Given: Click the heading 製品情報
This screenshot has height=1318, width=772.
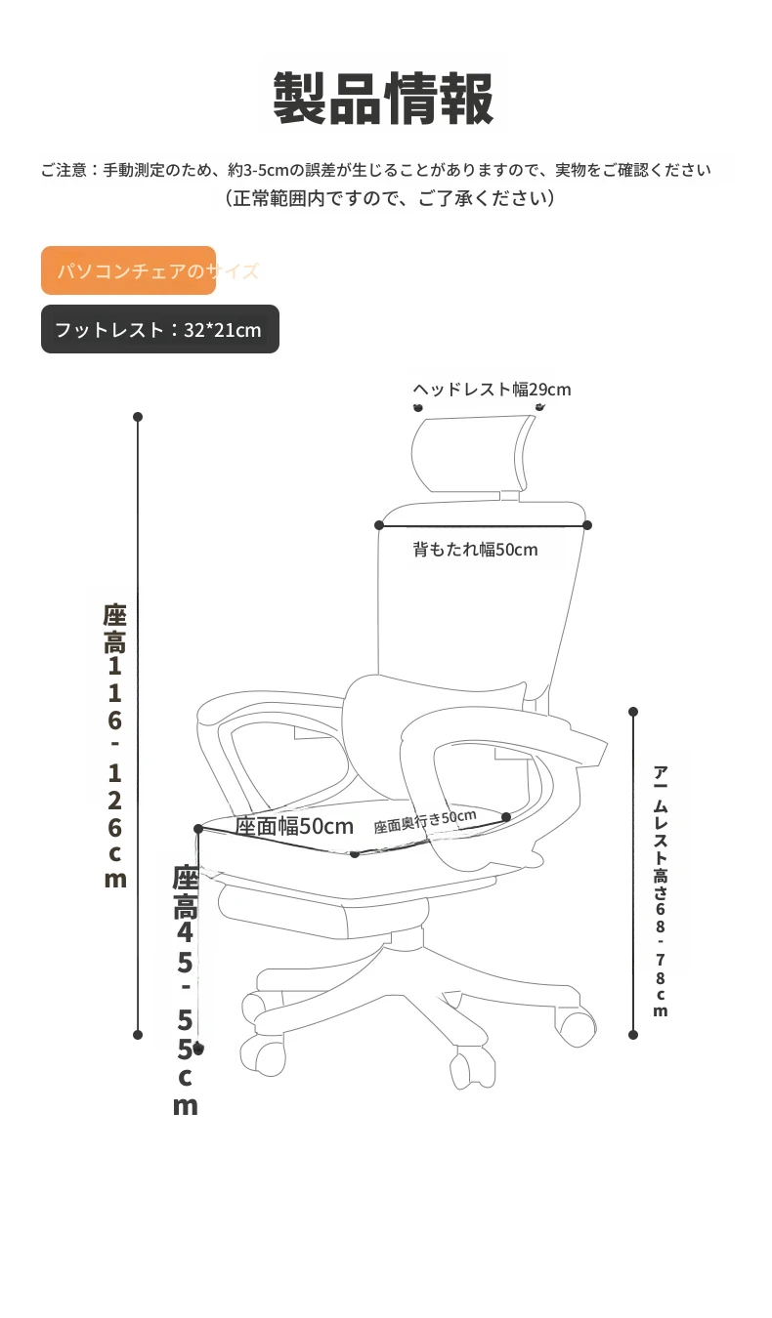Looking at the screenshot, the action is click(383, 99).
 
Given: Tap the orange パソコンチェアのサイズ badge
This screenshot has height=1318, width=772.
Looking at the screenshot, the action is click(128, 270).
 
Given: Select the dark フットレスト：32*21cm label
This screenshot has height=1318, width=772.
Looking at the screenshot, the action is click(160, 329).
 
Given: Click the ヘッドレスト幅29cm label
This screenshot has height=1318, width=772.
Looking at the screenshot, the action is click(492, 390).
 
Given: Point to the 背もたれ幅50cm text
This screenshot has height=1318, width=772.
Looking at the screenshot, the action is click(475, 550).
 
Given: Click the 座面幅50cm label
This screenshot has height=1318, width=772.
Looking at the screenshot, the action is click(294, 826).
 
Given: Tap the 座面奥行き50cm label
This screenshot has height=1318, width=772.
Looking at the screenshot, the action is click(425, 821).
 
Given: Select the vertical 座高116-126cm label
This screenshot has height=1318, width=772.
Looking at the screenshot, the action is click(115, 746).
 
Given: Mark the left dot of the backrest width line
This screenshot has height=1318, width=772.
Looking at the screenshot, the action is click(379, 525).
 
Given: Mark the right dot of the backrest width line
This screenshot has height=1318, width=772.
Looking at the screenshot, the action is click(587, 525).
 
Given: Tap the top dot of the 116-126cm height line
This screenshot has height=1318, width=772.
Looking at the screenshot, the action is click(138, 417).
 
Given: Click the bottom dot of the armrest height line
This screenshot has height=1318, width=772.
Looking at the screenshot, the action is click(633, 1035).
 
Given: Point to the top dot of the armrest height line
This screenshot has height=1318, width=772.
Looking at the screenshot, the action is click(633, 712).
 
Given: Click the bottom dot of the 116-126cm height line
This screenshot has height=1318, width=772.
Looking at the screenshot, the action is click(138, 1035).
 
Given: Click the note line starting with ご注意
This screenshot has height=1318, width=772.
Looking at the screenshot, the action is click(375, 170).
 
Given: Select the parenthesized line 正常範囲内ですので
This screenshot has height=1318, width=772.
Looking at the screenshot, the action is click(389, 198).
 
